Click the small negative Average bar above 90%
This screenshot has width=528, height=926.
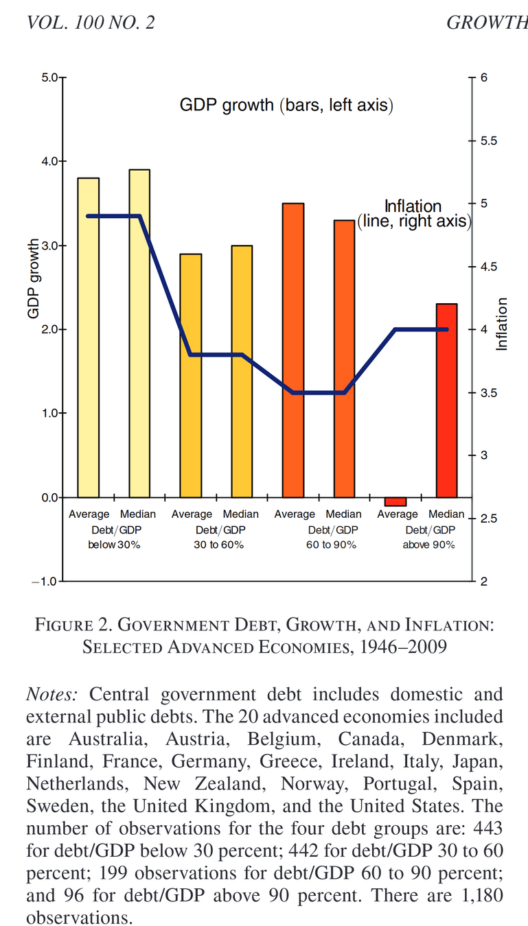(395, 501)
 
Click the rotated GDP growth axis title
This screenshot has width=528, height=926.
(33, 280)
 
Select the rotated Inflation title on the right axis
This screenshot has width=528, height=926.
(502, 324)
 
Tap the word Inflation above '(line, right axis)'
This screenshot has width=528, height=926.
(412, 206)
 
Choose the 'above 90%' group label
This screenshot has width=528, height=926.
(429, 545)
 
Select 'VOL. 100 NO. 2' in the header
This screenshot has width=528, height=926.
(90, 23)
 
